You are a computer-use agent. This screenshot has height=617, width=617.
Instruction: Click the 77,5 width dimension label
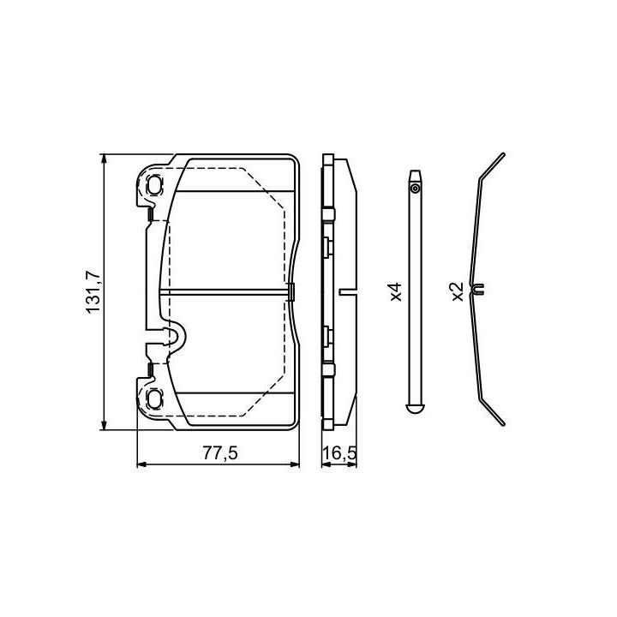220,453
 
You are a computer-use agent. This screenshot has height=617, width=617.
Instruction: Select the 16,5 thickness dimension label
339,453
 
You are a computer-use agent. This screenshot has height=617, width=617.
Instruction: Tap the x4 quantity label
396,291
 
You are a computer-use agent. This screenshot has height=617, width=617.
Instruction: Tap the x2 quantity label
458,291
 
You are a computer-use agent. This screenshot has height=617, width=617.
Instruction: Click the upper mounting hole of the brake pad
154,184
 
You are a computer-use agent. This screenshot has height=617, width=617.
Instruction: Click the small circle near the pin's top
415,189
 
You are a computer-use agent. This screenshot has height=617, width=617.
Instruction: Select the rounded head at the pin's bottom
415,408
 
